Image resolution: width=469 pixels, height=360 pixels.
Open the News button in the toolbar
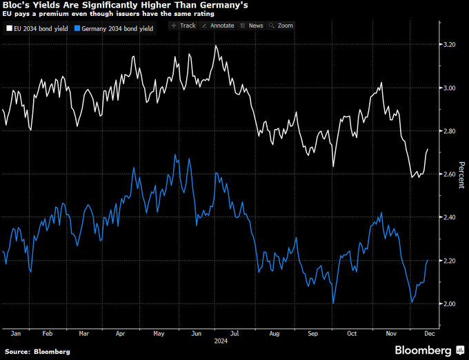click(252, 26)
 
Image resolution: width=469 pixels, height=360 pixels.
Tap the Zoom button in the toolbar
click(282, 26)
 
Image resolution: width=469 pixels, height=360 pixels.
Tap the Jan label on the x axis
click(16, 332)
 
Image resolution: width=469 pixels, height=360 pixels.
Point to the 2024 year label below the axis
click(221, 341)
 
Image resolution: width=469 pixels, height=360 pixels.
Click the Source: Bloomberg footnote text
click(38, 352)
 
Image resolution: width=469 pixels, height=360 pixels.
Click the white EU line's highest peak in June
click(217, 46)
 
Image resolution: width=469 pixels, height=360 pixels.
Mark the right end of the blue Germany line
click(428, 260)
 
